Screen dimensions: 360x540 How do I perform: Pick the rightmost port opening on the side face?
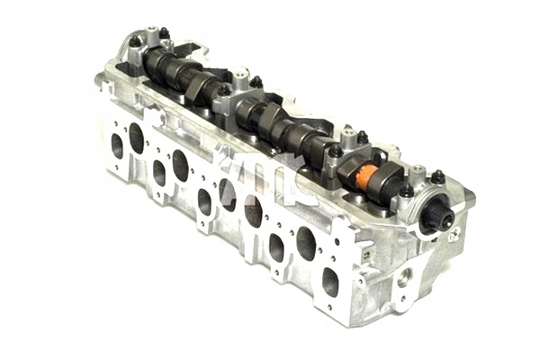pos(330,281)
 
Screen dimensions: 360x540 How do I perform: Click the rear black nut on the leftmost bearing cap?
pos(164,33)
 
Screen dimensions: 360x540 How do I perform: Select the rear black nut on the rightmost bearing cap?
pos(438,176)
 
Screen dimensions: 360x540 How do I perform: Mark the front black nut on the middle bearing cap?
pos(223,90)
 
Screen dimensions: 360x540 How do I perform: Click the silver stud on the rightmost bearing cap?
pos(418,168)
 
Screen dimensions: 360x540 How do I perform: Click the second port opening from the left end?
pos(136,138)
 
